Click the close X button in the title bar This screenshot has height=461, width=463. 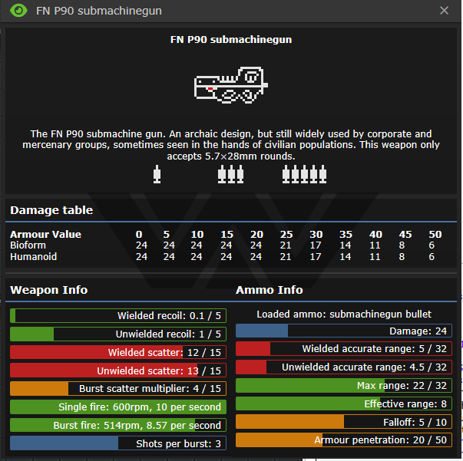tap(444, 11)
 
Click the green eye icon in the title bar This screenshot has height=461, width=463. tap(18, 11)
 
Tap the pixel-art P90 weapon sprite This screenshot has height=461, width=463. tap(231, 85)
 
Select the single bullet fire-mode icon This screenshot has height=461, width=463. tap(157, 174)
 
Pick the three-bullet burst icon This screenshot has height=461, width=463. tap(231, 174)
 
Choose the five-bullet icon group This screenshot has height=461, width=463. tap(304, 174)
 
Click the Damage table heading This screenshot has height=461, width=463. tap(51, 210)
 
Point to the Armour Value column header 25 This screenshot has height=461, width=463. tap(286, 234)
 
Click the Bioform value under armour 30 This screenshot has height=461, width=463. tap(316, 245)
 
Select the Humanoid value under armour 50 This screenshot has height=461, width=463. tap(432, 257)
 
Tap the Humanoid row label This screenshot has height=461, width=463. tap(33, 257)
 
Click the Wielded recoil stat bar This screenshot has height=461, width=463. tap(118, 315)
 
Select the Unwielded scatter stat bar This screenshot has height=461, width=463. tap(118, 370)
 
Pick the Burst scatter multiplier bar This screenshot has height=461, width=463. tap(118, 388)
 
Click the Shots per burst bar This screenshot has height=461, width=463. tap(118, 443)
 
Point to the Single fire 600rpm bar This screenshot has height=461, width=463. tap(118, 407)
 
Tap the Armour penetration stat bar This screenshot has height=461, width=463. tap(344, 440)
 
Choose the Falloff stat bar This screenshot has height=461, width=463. tap(344, 422)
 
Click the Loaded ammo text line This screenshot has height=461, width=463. tap(344, 314)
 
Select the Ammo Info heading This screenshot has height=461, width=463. tap(270, 290)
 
